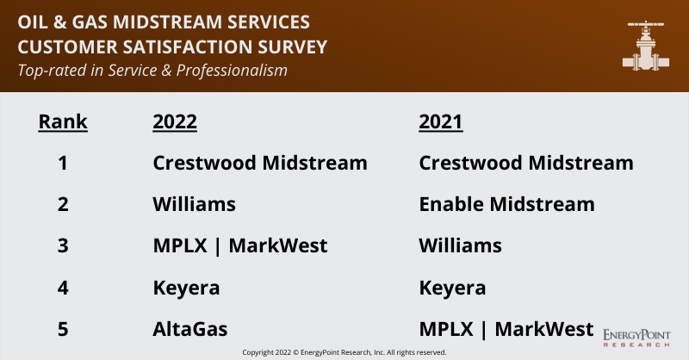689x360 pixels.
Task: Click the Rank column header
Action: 63,121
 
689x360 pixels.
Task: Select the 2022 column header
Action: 175,121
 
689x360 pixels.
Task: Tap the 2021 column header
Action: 441,121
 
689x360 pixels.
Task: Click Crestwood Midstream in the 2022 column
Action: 260,163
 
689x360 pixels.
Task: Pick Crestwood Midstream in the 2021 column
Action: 526,163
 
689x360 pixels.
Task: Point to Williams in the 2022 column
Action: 195,204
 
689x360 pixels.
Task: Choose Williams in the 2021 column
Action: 461,245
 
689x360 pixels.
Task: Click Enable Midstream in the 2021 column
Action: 507,204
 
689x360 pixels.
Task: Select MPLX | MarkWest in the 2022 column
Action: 240,245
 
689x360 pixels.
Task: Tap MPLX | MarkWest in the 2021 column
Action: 506,329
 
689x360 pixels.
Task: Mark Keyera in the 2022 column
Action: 186,289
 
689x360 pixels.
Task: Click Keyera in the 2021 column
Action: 453,289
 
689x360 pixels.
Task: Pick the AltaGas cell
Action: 190,329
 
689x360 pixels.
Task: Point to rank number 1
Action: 63,163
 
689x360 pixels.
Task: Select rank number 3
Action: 63,245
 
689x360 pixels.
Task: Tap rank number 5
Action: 63,329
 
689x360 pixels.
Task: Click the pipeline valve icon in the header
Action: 646,46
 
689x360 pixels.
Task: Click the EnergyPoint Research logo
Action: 636,338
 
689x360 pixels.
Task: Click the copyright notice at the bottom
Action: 344,352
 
